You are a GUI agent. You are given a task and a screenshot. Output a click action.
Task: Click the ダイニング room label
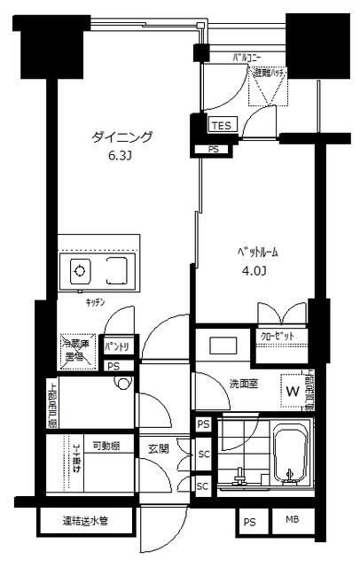[x=122, y=137]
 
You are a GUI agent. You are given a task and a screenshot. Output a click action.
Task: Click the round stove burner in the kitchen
[x=79, y=270]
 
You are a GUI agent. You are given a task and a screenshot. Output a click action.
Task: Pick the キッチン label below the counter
[x=95, y=302]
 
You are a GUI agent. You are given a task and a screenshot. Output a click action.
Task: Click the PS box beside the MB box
[x=247, y=523]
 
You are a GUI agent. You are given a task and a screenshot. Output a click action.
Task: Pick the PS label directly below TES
[x=213, y=150]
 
